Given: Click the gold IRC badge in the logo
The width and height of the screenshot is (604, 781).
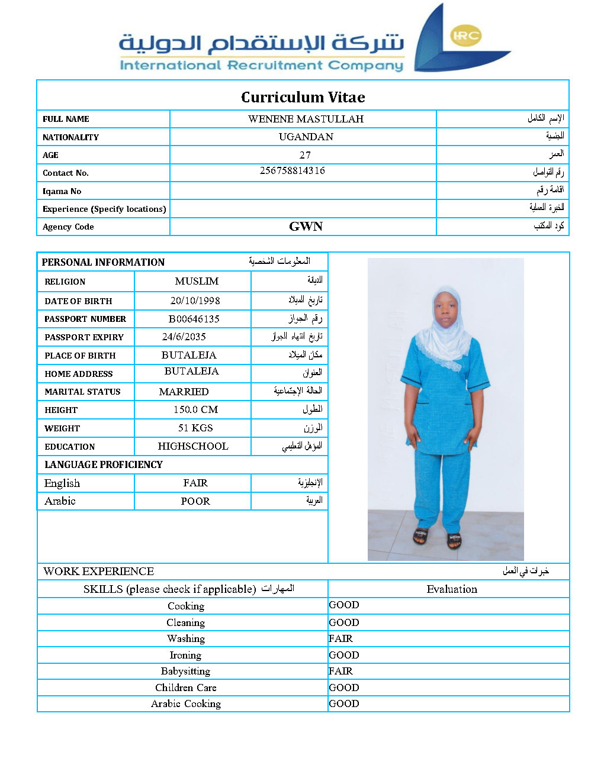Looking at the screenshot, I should (x=465, y=35).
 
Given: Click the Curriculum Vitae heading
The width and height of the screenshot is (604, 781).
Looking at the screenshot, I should (x=303, y=97).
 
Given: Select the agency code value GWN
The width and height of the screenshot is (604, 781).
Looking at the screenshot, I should (x=306, y=227).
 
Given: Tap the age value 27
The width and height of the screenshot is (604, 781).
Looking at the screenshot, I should (x=305, y=155).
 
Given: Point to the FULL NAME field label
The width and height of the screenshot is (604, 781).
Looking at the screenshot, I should (x=66, y=119).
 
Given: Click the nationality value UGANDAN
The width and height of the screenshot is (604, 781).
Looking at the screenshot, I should (x=306, y=137).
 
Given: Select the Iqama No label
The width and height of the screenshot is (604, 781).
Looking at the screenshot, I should (x=62, y=191).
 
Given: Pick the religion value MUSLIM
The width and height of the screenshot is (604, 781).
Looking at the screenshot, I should (x=197, y=281).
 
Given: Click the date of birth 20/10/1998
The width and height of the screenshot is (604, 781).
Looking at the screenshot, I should (x=195, y=301).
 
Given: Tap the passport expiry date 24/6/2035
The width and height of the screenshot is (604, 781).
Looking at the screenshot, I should (x=184, y=337).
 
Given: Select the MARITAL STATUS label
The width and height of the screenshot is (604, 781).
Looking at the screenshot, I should (x=82, y=392).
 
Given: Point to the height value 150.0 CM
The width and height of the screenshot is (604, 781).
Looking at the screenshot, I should (x=195, y=409).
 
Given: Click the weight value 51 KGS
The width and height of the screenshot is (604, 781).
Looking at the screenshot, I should (x=195, y=428).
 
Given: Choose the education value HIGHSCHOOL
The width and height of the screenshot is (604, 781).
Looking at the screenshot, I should (x=193, y=446).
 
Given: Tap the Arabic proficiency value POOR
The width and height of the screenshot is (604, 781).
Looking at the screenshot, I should (x=195, y=501).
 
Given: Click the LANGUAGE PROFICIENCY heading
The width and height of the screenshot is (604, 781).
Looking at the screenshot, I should (x=104, y=464).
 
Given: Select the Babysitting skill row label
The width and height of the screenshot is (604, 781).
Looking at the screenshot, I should (x=185, y=671).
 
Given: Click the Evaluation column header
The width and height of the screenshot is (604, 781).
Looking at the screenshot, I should (x=452, y=589).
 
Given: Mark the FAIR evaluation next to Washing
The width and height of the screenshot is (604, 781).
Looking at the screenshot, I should (x=341, y=638).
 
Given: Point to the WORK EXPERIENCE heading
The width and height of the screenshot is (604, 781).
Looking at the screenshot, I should (x=99, y=571).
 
